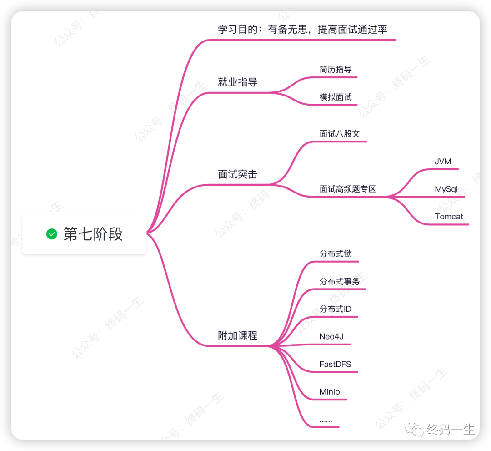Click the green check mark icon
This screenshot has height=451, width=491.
52,234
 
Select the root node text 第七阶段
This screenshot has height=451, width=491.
93,234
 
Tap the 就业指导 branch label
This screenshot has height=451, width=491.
238,82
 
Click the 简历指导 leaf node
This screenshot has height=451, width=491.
336,70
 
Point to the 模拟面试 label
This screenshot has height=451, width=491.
336,97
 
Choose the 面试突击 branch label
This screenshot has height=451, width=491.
238,174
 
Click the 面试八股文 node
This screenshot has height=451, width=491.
340,133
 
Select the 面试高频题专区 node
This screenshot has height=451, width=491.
348,189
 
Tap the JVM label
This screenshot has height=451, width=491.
443,162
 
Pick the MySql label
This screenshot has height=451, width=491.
446,189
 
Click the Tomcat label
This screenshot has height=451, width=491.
449,217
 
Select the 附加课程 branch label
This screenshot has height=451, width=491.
238,335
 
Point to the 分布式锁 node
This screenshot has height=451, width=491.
336,253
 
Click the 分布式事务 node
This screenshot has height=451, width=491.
340,281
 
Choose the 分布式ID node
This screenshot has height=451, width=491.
336,309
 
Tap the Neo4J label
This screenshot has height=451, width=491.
331,336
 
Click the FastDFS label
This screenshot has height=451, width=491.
335,364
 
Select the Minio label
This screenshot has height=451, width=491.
330,391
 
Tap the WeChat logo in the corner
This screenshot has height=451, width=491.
415,429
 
